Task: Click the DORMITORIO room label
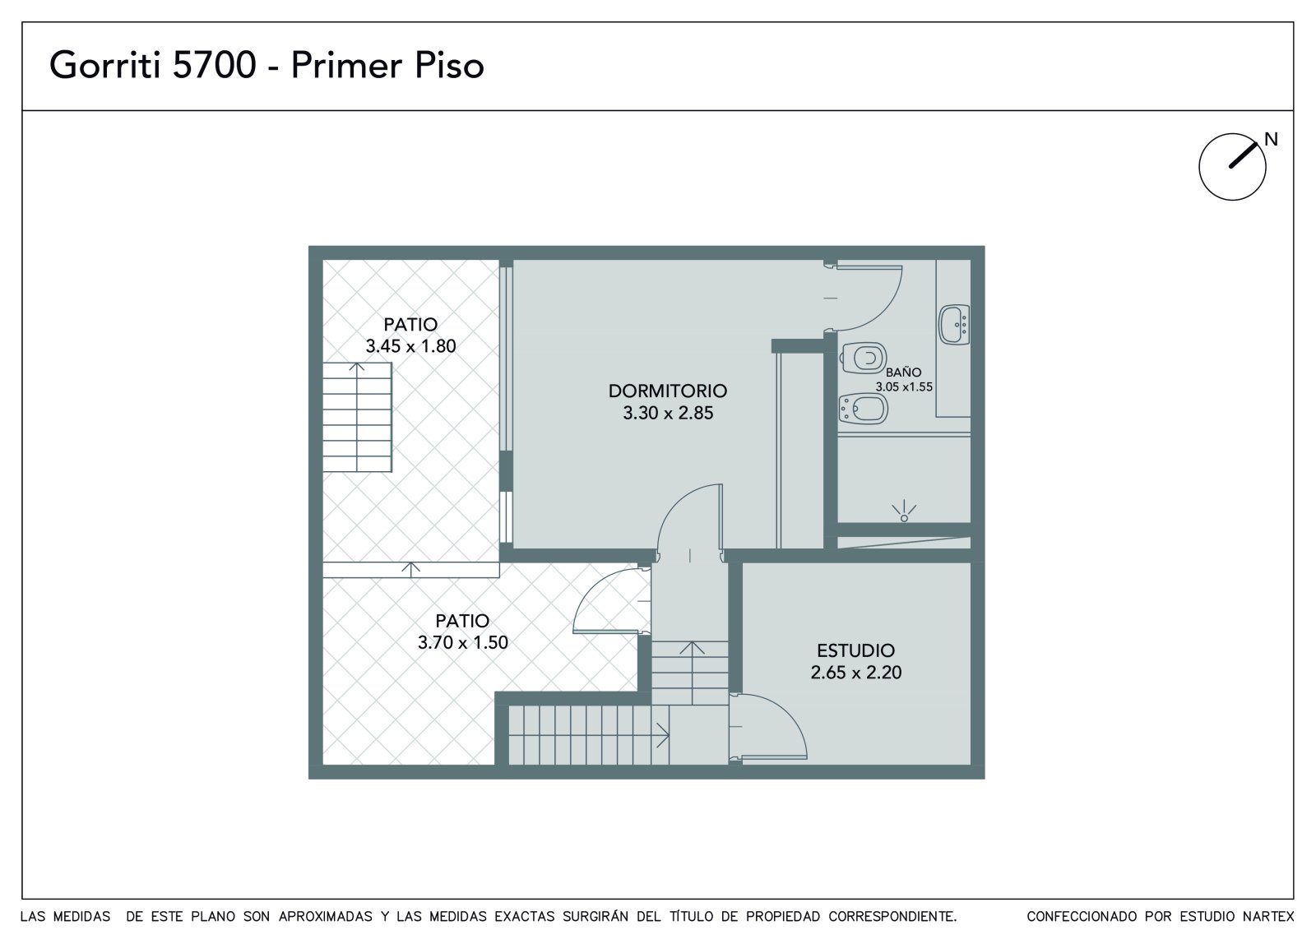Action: point(667,391)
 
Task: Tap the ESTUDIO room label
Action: point(855,650)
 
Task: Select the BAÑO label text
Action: point(903,372)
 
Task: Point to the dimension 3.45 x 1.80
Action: point(410,346)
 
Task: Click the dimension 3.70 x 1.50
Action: point(462,642)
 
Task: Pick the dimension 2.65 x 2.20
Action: point(855,672)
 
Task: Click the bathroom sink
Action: point(954,324)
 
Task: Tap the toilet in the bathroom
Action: point(863,358)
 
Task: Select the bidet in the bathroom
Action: point(863,409)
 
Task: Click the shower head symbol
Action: point(904,511)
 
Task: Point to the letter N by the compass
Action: point(1271,139)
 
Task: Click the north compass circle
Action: point(1199,167)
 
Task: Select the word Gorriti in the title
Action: point(104,65)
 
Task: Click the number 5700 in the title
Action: point(214,65)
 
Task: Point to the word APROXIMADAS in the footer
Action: point(326,916)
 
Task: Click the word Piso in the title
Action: point(449,65)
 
